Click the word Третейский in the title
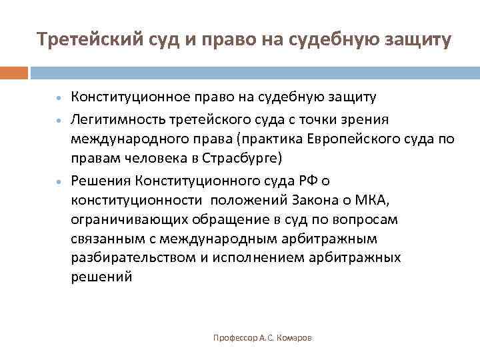[x=83, y=40]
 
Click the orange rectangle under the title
[x=14, y=73]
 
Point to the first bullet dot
[x=60, y=98]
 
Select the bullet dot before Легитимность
[x=60, y=120]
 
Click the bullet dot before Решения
[x=60, y=181]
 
